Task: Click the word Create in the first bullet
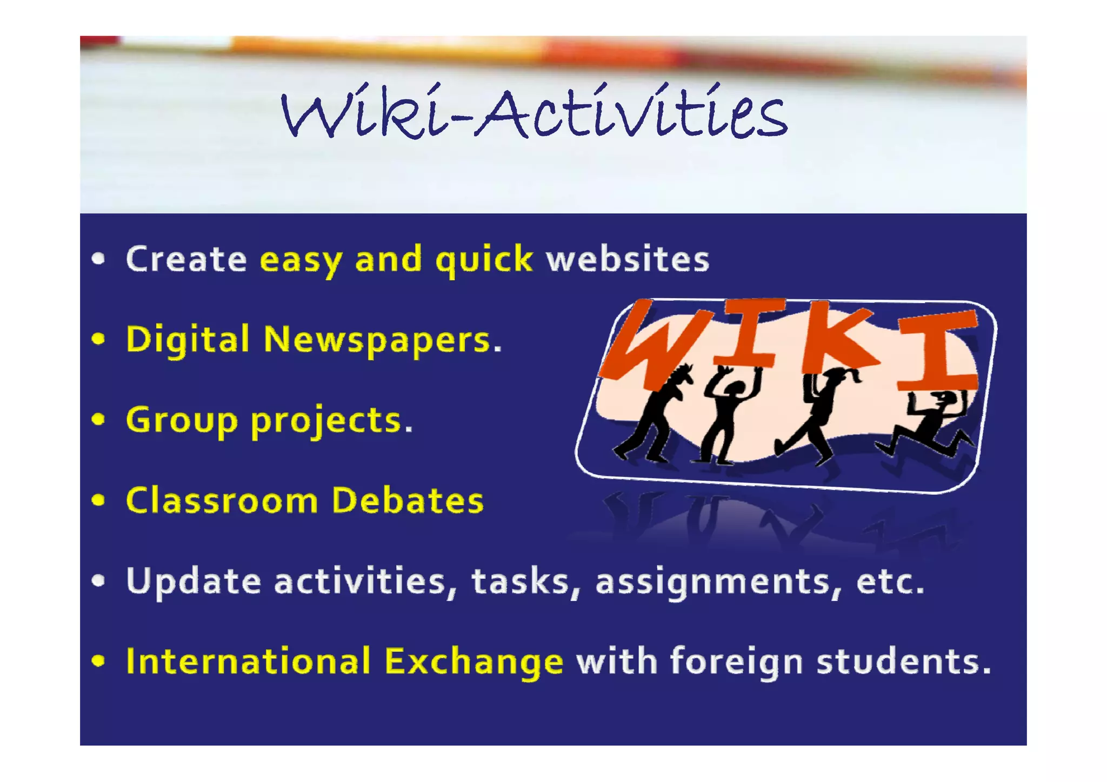click(x=186, y=259)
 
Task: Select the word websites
click(x=628, y=259)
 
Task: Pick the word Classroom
click(x=222, y=501)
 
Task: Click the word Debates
click(x=408, y=501)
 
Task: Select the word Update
click(x=194, y=582)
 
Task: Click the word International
click(x=248, y=661)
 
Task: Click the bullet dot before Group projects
click(x=98, y=420)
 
